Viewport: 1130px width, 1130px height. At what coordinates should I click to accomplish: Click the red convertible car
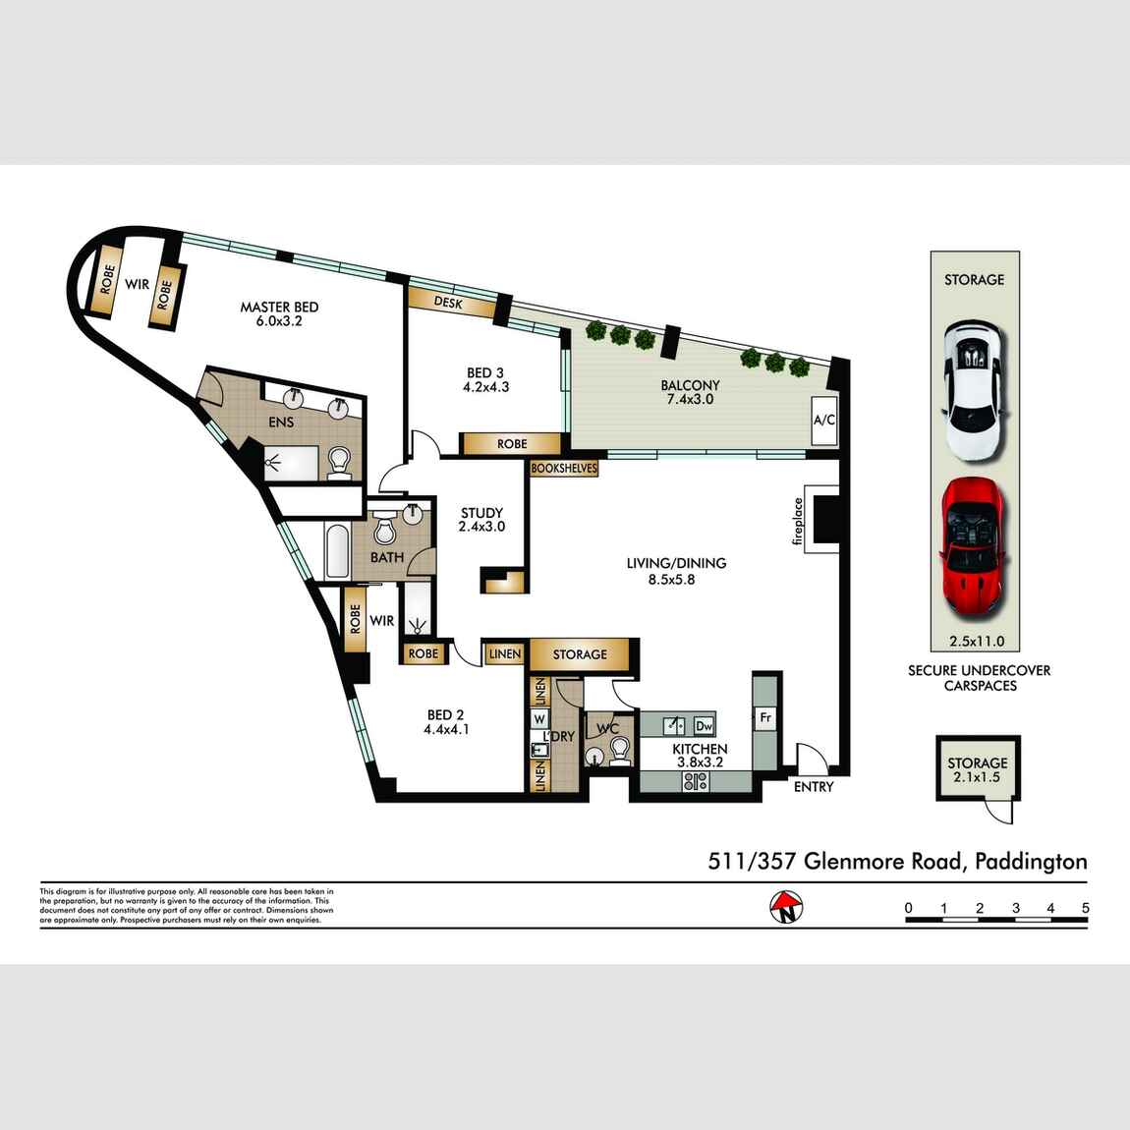(973, 547)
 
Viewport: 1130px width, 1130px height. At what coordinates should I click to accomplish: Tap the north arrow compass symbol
(786, 906)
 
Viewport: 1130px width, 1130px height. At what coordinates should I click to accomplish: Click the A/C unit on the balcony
(823, 421)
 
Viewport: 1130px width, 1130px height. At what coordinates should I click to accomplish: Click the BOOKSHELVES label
(564, 469)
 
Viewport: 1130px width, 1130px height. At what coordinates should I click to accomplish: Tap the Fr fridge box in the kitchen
(765, 718)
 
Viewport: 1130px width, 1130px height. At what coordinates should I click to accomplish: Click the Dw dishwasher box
(704, 726)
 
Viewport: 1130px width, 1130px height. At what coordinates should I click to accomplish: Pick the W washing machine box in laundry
(539, 719)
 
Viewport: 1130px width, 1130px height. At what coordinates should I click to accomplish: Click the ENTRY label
(813, 786)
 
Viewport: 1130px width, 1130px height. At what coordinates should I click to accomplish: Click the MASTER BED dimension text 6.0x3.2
(279, 320)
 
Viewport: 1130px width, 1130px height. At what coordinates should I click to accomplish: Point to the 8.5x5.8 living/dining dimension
(676, 580)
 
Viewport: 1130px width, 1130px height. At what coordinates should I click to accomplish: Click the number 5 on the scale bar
(1085, 908)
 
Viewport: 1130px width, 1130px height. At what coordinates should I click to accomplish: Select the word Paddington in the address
(1031, 862)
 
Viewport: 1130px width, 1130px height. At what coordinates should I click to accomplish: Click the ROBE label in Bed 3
(511, 444)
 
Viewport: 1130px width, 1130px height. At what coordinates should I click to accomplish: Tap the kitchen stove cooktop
(696, 782)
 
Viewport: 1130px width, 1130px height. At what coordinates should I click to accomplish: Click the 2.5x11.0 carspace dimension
(977, 642)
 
